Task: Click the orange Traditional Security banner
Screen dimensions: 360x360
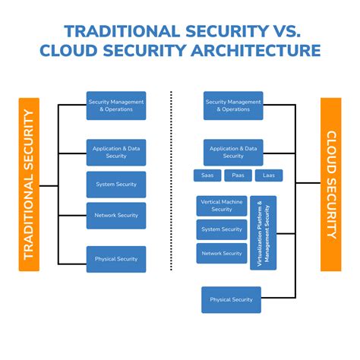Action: pyautogui.click(x=29, y=185)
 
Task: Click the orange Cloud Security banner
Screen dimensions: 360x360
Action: pyautogui.click(x=331, y=185)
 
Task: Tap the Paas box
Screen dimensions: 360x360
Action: pyautogui.click(x=237, y=175)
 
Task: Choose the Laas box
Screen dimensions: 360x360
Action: pyautogui.click(x=268, y=175)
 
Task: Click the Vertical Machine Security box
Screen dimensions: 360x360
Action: pyautogui.click(x=222, y=206)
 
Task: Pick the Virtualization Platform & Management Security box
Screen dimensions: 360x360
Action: pyautogui.click(x=263, y=233)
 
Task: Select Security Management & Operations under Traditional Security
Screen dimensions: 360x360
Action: pyautogui.click(x=116, y=106)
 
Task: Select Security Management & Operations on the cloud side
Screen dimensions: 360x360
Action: pyautogui.click(x=233, y=106)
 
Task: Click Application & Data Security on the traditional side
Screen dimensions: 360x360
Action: pyautogui.click(x=116, y=152)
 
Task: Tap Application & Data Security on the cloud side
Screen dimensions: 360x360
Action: pyautogui.click(x=233, y=152)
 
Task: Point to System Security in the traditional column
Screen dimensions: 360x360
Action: pyautogui.click(x=116, y=184)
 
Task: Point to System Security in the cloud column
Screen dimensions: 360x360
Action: pyautogui.click(x=222, y=229)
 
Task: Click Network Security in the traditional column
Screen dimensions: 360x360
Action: pyautogui.click(x=116, y=215)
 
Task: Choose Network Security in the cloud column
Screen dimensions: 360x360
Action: pyautogui.click(x=222, y=254)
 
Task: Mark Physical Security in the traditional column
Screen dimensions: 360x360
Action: pyautogui.click(x=116, y=259)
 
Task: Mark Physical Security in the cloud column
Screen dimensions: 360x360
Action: pyautogui.click(x=232, y=299)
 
